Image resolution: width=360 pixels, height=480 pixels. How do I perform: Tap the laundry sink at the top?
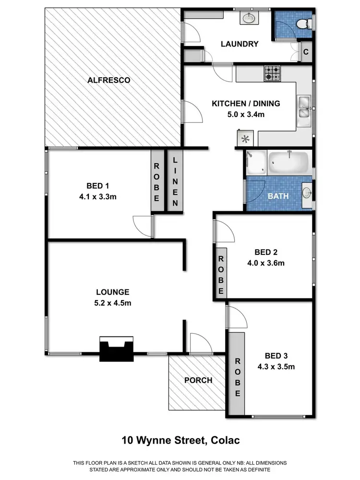249,18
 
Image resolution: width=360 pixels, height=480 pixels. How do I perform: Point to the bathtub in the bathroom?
288,164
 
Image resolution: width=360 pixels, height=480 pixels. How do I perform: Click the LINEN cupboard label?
174,181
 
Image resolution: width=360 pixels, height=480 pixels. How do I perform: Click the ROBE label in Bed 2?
221,274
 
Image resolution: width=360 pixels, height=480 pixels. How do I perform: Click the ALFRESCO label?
109,80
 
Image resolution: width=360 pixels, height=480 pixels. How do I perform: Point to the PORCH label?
198,380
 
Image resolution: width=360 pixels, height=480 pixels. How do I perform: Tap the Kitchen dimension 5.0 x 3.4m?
246,115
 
